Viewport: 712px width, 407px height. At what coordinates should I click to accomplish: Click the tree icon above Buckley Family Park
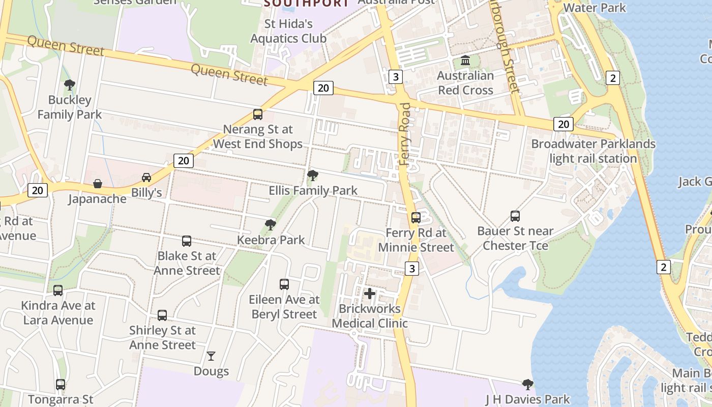click(x=70, y=85)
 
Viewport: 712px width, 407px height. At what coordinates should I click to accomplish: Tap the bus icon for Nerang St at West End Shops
click(x=258, y=114)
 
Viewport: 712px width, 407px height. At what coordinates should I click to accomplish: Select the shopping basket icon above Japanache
click(x=97, y=183)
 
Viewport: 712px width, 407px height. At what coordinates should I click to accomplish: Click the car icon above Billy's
click(x=146, y=177)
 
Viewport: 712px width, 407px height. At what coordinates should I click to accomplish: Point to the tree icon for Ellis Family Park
click(x=313, y=176)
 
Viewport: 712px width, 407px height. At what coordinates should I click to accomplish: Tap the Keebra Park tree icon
click(x=271, y=224)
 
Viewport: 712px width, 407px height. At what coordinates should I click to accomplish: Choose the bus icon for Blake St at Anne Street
click(x=187, y=241)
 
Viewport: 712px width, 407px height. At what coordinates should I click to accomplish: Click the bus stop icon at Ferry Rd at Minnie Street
click(x=416, y=218)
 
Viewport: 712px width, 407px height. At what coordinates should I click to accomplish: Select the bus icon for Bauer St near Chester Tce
click(x=515, y=216)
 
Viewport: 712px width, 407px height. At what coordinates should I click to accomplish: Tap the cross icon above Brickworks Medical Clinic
click(x=370, y=294)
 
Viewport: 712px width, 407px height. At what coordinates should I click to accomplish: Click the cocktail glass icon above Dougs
click(x=211, y=356)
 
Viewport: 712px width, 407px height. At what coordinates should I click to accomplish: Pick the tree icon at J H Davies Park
click(x=528, y=384)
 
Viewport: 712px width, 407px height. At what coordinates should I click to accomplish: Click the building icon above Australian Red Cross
click(x=465, y=61)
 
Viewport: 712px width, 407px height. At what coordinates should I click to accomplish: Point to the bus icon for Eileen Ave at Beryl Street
click(x=284, y=284)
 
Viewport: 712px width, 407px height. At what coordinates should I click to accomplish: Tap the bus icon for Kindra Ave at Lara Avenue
click(x=58, y=290)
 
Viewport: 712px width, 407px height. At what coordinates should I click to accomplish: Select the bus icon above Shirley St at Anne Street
click(x=162, y=315)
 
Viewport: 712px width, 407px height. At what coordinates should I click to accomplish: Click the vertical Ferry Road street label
click(x=405, y=134)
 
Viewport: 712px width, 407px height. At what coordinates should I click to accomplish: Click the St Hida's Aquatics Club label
click(x=288, y=31)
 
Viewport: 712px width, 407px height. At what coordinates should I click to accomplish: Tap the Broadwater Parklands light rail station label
click(x=593, y=151)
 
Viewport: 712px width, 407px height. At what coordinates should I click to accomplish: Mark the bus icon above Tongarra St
click(x=61, y=385)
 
